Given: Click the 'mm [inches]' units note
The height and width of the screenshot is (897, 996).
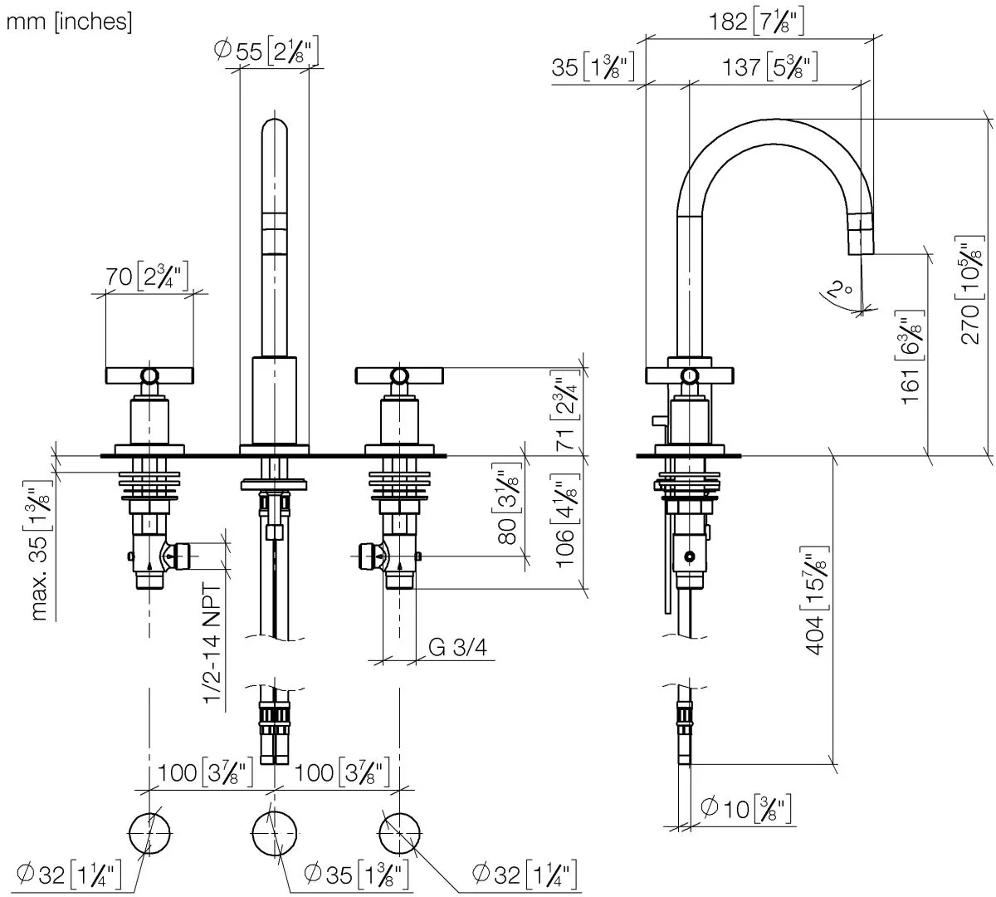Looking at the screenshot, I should [69, 22].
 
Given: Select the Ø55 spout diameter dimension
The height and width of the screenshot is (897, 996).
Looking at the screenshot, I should [266, 51].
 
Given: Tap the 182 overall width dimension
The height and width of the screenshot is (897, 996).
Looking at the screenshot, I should [755, 22].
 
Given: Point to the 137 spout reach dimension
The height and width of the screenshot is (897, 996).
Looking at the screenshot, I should [773, 66].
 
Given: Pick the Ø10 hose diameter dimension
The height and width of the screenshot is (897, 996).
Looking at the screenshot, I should [745, 808].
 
